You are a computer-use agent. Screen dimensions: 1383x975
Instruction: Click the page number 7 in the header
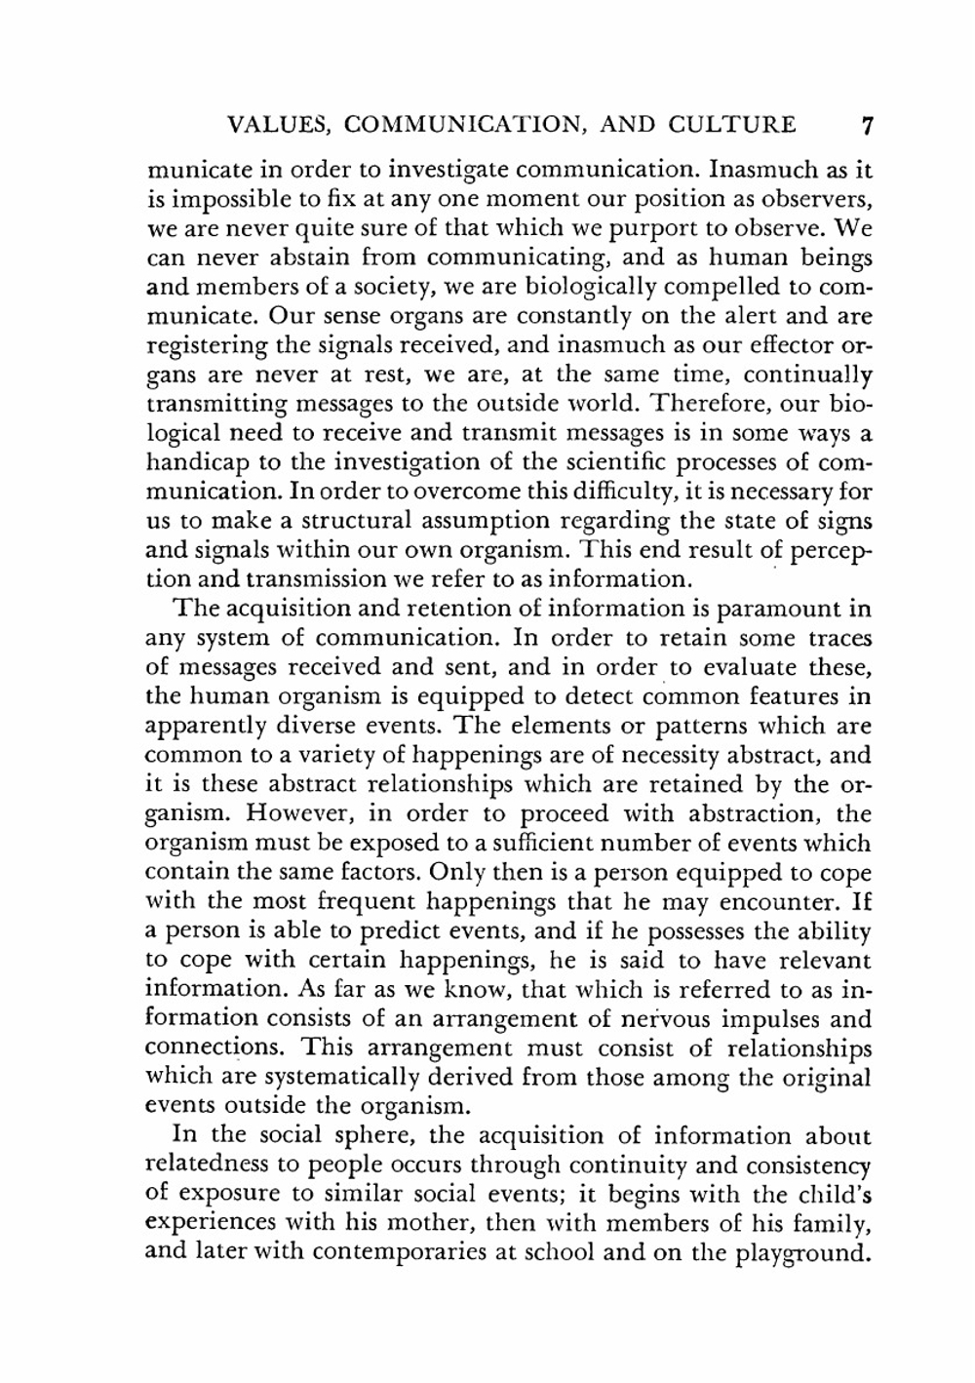click(867, 126)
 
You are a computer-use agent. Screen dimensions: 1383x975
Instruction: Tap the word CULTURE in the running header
click(732, 126)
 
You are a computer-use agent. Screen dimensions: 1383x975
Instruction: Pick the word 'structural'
click(329, 521)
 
